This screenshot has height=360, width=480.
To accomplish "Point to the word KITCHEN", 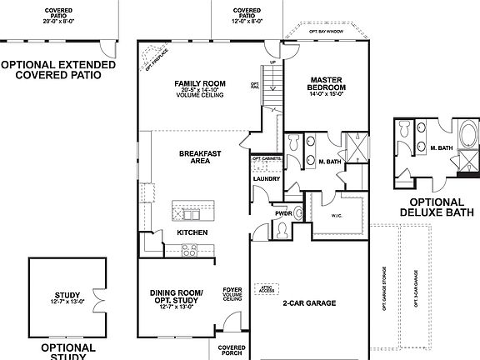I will pyautogui.click(x=192, y=232).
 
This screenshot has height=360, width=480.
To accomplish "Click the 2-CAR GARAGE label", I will pyautogui.click(x=308, y=302).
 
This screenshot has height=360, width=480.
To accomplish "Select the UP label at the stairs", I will pyautogui.click(x=272, y=62).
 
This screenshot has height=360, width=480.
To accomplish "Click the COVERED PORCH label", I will pyautogui.click(x=232, y=350).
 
